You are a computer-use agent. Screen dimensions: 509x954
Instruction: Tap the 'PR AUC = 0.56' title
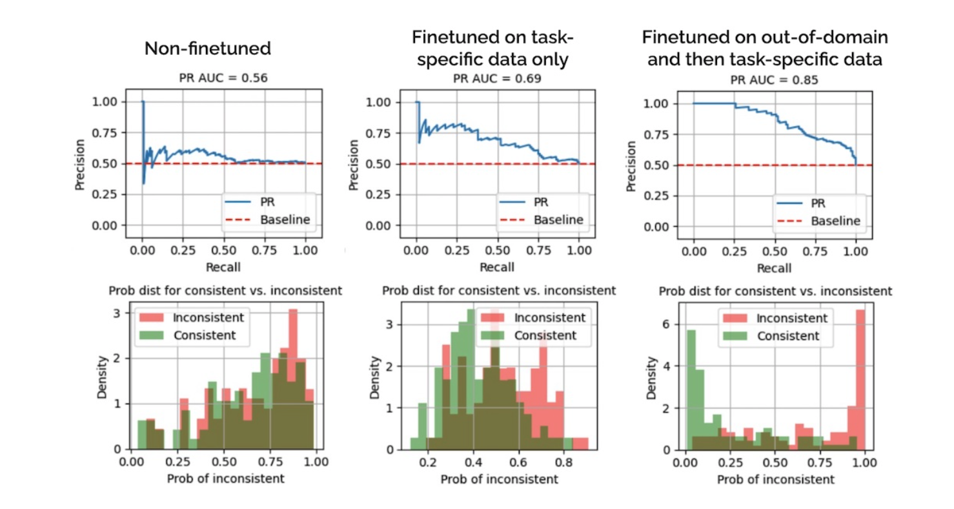click(223, 78)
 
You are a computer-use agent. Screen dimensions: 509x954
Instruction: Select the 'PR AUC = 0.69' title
click(496, 78)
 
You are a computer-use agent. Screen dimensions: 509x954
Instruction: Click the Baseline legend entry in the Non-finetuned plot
click(285, 220)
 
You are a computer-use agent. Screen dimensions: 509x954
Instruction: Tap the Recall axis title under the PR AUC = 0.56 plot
click(223, 266)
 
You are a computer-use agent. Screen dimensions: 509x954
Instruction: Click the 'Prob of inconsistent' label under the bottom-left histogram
click(224, 479)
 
